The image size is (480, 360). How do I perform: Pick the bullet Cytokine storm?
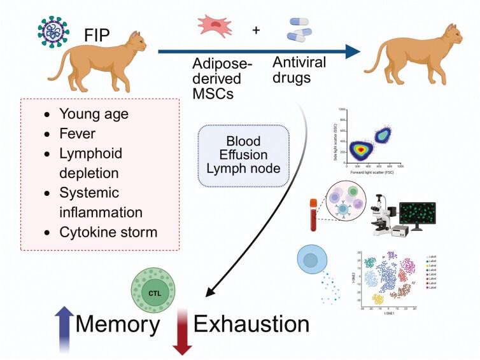pos(108,232)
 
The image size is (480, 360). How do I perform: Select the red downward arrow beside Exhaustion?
pos(182,331)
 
